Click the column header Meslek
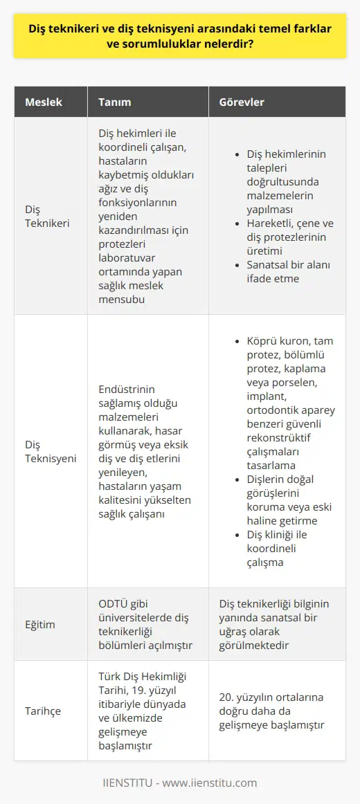point(44,102)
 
